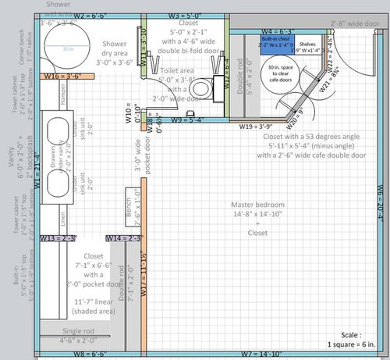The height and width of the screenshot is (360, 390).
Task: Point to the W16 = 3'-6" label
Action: pos(63,77)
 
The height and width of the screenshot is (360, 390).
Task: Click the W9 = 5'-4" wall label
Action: pos(187,119)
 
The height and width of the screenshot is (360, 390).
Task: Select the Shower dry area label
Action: pos(114,50)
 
